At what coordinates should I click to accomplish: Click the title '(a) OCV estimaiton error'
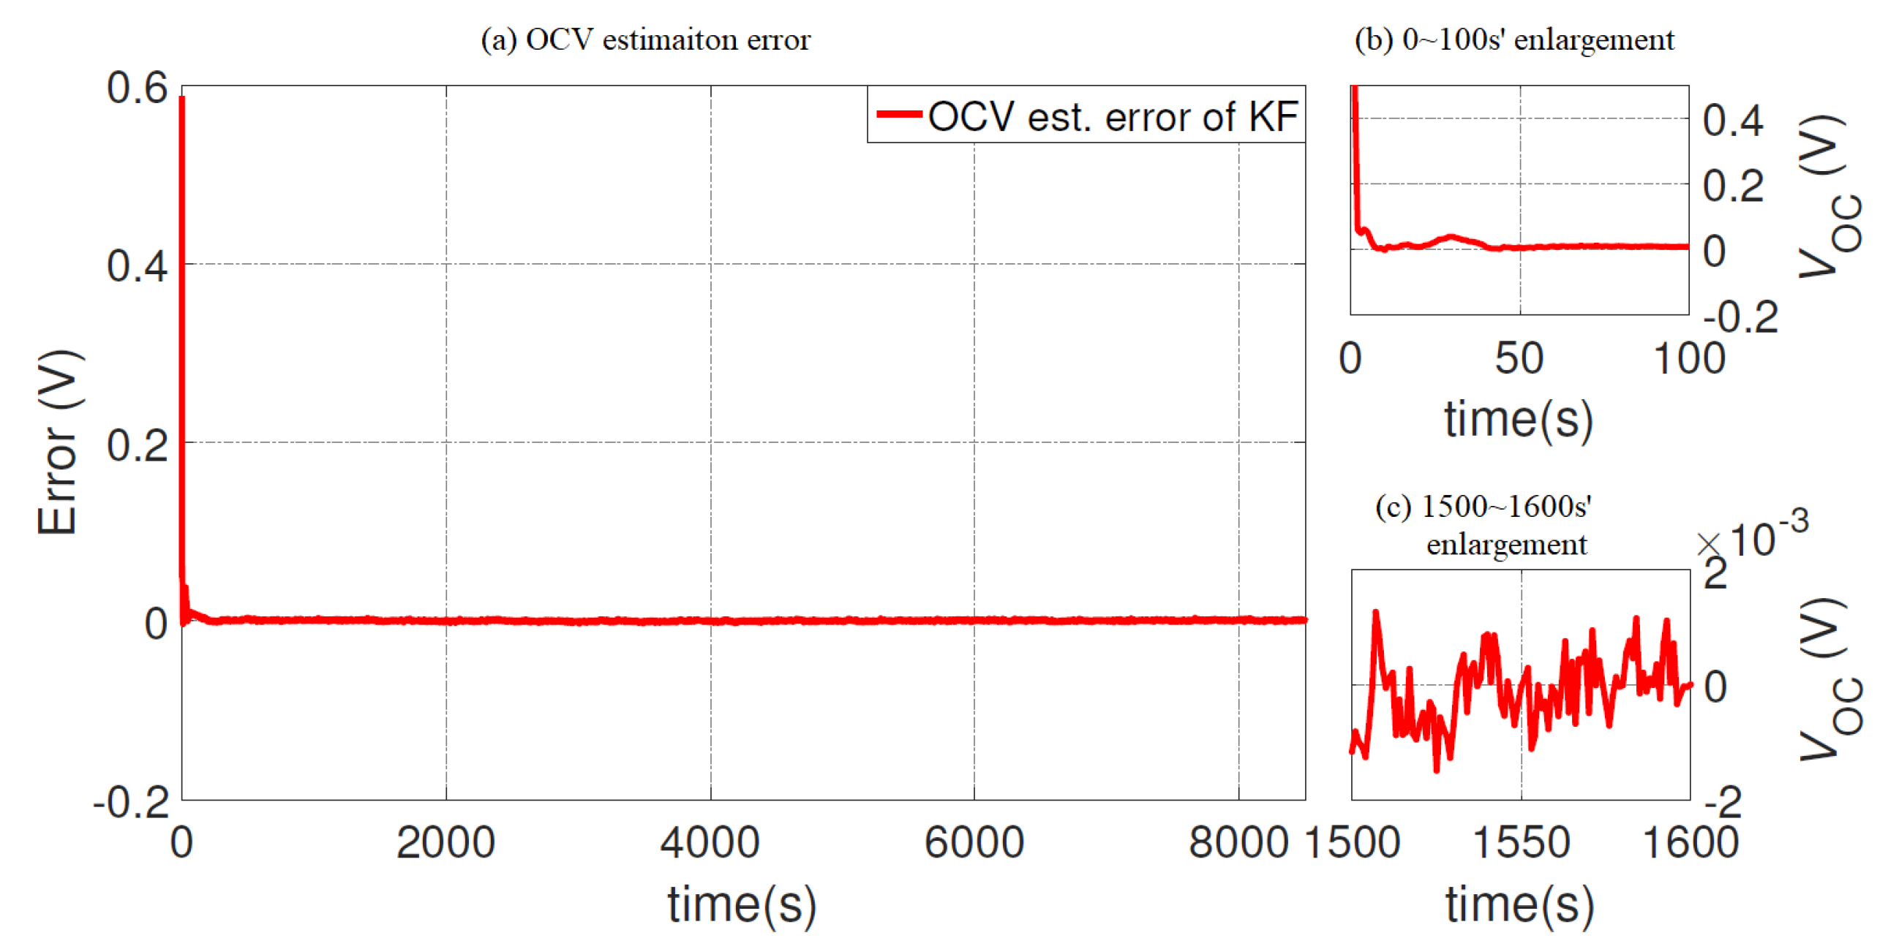[x=645, y=39]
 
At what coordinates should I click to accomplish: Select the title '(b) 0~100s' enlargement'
[x=1513, y=39]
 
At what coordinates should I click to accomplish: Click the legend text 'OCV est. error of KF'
[x=1113, y=116]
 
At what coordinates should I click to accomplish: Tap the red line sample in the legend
[x=898, y=113]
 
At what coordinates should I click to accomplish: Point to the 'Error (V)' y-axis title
[x=58, y=442]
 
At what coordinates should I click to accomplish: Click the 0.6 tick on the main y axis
[x=137, y=88]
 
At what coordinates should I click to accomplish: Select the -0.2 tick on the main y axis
[x=132, y=803]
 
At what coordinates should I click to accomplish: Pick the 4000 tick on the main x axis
[x=710, y=842]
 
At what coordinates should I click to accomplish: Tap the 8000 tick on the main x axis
[x=1238, y=842]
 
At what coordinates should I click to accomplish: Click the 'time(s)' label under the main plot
[x=742, y=904]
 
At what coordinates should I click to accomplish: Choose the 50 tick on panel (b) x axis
[x=1519, y=358]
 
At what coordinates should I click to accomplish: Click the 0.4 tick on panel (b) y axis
[x=1733, y=120]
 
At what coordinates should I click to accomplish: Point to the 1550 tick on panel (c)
[x=1521, y=842]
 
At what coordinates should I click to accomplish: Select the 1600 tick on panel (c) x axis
[x=1690, y=842]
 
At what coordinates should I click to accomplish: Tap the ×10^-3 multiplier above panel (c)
[x=1753, y=539]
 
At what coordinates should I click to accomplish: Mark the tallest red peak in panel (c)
[x=1376, y=612]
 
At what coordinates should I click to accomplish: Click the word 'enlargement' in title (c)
[x=1506, y=545]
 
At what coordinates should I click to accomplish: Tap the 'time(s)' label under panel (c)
[x=1519, y=904]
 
